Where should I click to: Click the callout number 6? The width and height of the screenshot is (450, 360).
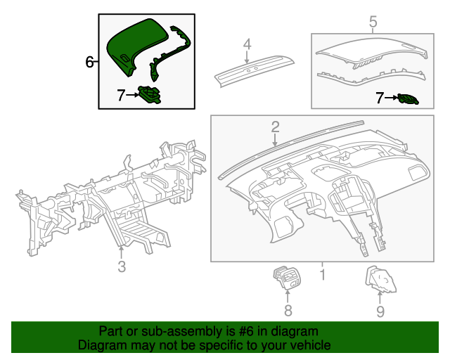(89, 63)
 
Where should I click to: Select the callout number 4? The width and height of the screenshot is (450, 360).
(247, 45)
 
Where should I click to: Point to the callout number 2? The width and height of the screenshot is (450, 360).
(276, 127)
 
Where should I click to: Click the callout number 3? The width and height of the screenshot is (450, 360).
(122, 266)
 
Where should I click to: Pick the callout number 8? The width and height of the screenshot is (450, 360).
(288, 310)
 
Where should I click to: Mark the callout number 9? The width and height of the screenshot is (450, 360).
(380, 310)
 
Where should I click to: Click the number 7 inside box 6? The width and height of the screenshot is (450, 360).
(121, 94)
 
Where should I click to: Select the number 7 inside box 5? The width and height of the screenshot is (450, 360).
(380, 98)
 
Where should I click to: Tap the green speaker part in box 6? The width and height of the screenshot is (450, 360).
(150, 94)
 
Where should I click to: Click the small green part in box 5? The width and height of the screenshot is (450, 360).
(408, 99)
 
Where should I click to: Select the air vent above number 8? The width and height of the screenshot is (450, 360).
(287, 278)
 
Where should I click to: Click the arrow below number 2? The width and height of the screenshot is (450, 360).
(276, 140)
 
